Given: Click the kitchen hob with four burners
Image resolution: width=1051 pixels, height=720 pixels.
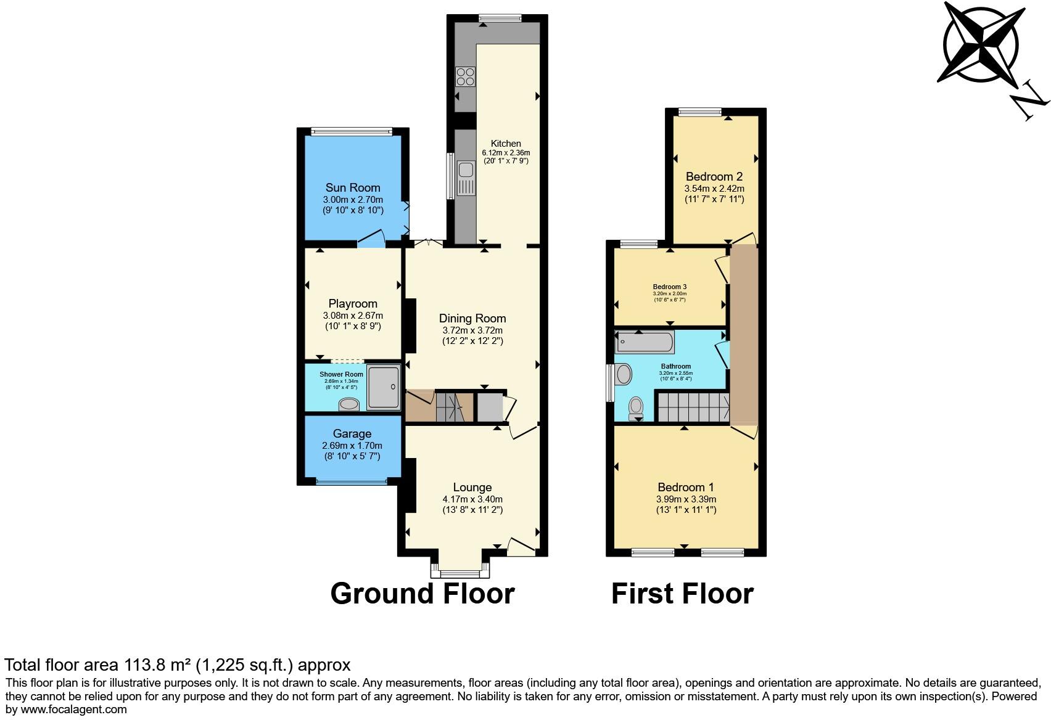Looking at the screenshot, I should (465, 76).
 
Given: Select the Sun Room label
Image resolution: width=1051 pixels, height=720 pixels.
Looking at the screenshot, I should (353, 187).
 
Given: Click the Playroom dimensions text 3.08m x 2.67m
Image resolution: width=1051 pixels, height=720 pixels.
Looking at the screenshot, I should (353, 316).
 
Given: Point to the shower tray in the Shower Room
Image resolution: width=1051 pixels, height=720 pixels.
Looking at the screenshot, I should (384, 387).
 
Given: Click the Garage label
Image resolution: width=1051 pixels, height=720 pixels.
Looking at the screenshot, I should (352, 433).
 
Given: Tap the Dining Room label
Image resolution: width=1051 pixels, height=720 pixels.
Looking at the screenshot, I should (472, 318).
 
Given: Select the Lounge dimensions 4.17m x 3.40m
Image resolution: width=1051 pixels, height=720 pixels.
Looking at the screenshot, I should (472, 499).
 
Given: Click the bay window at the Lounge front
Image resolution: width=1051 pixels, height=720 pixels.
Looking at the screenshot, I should (460, 572).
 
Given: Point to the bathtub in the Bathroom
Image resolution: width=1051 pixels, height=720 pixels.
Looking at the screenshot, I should (645, 342).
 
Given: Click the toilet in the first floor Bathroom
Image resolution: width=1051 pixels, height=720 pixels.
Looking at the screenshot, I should (635, 407).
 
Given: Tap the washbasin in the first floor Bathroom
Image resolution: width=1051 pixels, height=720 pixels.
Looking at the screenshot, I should (623, 374).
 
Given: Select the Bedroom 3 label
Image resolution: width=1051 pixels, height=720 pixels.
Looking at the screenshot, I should (670, 287).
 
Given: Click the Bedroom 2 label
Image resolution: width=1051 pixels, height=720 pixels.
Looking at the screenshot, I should (714, 177).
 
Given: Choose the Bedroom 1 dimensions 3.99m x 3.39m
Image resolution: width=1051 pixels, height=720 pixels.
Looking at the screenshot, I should (686, 499).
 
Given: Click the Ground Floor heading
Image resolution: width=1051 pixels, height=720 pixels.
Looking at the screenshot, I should (422, 593).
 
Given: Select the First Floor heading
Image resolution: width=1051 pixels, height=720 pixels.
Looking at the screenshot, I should (682, 593).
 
